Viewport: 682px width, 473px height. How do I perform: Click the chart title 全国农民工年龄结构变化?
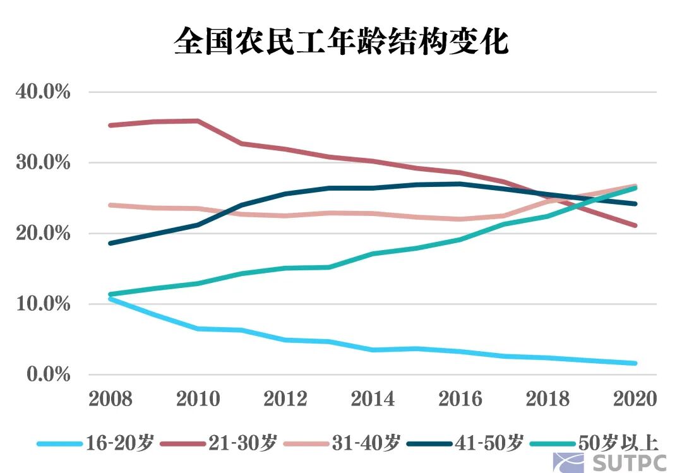click(341, 42)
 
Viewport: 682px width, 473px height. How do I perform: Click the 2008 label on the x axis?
click(111, 399)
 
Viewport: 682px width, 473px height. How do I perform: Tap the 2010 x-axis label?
click(198, 399)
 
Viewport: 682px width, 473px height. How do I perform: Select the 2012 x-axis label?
click(285, 399)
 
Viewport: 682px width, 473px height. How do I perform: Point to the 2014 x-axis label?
click(373, 399)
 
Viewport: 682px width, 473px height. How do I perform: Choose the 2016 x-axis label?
click(460, 399)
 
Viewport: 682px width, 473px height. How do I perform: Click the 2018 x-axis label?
click(547, 399)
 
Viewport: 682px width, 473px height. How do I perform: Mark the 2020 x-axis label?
click(634, 399)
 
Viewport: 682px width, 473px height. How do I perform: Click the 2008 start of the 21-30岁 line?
click(111, 125)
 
